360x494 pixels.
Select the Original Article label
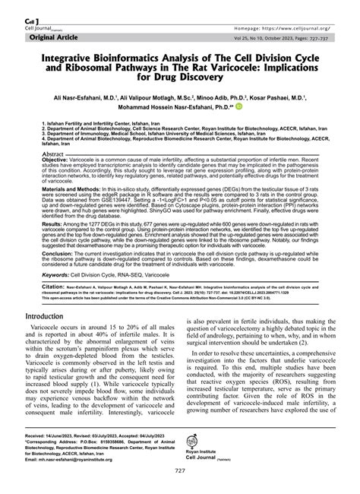click(x=53, y=36)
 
